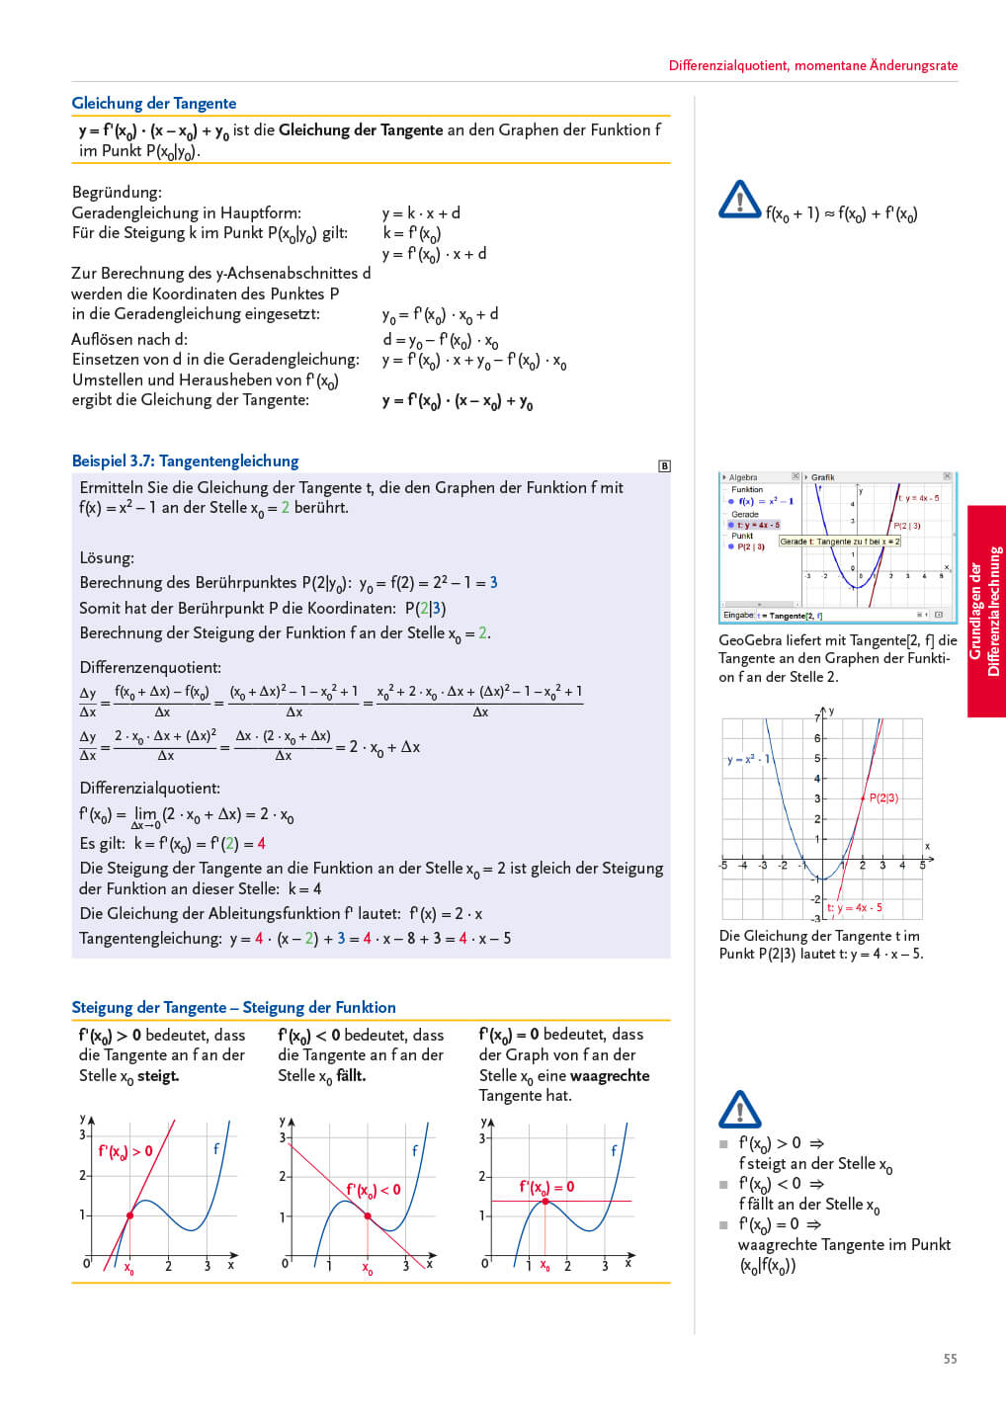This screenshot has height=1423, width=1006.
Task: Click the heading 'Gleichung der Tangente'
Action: coord(153,104)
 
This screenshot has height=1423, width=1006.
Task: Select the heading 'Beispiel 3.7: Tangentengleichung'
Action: coord(185,461)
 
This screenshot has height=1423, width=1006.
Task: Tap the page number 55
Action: coord(950,1359)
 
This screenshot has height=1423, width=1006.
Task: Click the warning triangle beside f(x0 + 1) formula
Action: coord(739,201)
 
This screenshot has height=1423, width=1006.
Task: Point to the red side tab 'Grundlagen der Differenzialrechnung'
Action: coord(985,611)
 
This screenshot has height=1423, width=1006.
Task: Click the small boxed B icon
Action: coord(664,465)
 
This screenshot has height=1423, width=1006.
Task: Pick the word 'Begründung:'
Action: coord(117,193)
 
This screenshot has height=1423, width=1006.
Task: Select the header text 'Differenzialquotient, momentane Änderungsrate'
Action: coord(812,66)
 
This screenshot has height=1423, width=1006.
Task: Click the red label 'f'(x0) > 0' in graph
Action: coord(126,1151)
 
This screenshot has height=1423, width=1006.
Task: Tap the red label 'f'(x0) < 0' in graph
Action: coord(373,1190)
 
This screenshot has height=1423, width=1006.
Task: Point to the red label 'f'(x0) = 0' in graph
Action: coord(546,1187)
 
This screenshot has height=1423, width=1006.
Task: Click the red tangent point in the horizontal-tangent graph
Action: coord(545,1202)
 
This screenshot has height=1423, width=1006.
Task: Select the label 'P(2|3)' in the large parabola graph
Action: coord(883,797)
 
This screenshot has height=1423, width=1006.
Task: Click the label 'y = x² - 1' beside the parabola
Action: coord(747,760)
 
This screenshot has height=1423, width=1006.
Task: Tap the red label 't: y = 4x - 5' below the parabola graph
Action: coord(854,907)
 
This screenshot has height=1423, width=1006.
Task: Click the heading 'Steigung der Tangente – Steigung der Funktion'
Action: coord(233,1008)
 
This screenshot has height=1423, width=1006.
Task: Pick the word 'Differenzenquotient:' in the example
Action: coord(150,668)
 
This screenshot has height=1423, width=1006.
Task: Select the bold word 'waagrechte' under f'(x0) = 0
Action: coord(609,1076)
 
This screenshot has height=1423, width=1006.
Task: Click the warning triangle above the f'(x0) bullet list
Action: coord(739,1110)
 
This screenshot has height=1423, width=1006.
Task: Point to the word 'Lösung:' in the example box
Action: coord(107,558)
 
